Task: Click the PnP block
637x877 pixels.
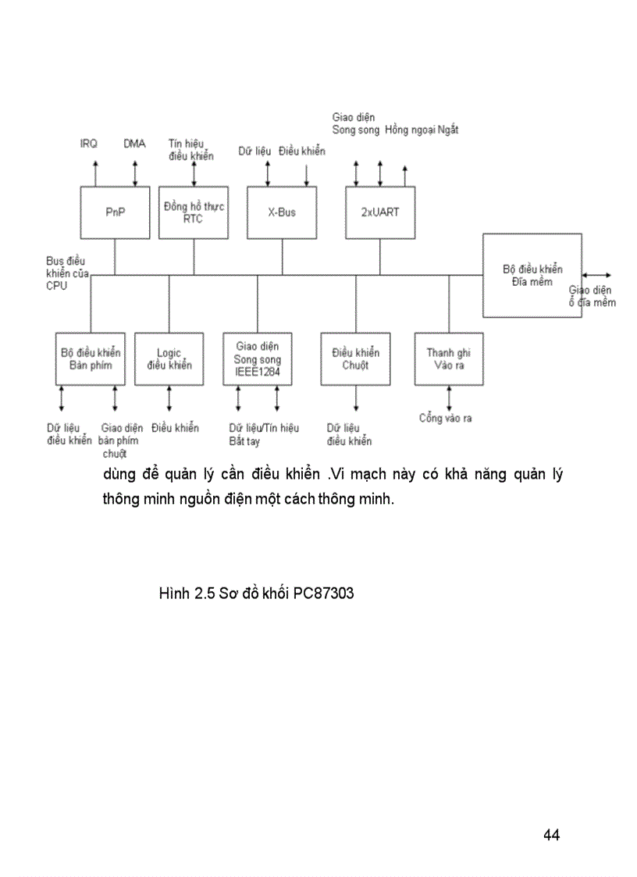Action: tap(116, 212)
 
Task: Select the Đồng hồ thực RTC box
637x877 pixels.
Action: tap(194, 212)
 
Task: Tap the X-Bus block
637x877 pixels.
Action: tap(282, 212)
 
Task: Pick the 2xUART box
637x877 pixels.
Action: tap(380, 212)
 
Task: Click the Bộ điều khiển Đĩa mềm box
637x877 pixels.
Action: tap(532, 275)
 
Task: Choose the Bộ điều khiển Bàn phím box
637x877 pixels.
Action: tap(91, 358)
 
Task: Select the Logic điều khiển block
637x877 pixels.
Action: tap(169, 358)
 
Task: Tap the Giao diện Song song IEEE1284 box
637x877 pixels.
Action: tap(258, 358)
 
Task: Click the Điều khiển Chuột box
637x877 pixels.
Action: tap(355, 358)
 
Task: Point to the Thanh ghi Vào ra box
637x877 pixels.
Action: tap(448, 358)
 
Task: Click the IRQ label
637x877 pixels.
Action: tap(89, 144)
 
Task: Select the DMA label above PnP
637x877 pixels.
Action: tap(134, 144)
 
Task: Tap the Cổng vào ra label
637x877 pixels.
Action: tap(445, 419)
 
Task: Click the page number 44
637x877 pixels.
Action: tap(551, 835)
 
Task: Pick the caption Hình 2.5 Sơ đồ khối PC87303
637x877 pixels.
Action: tap(256, 594)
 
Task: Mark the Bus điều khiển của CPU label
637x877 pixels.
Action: tap(68, 273)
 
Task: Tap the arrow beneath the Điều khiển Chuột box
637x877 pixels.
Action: tap(356, 400)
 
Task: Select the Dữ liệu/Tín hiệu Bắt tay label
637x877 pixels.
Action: tap(264, 434)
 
